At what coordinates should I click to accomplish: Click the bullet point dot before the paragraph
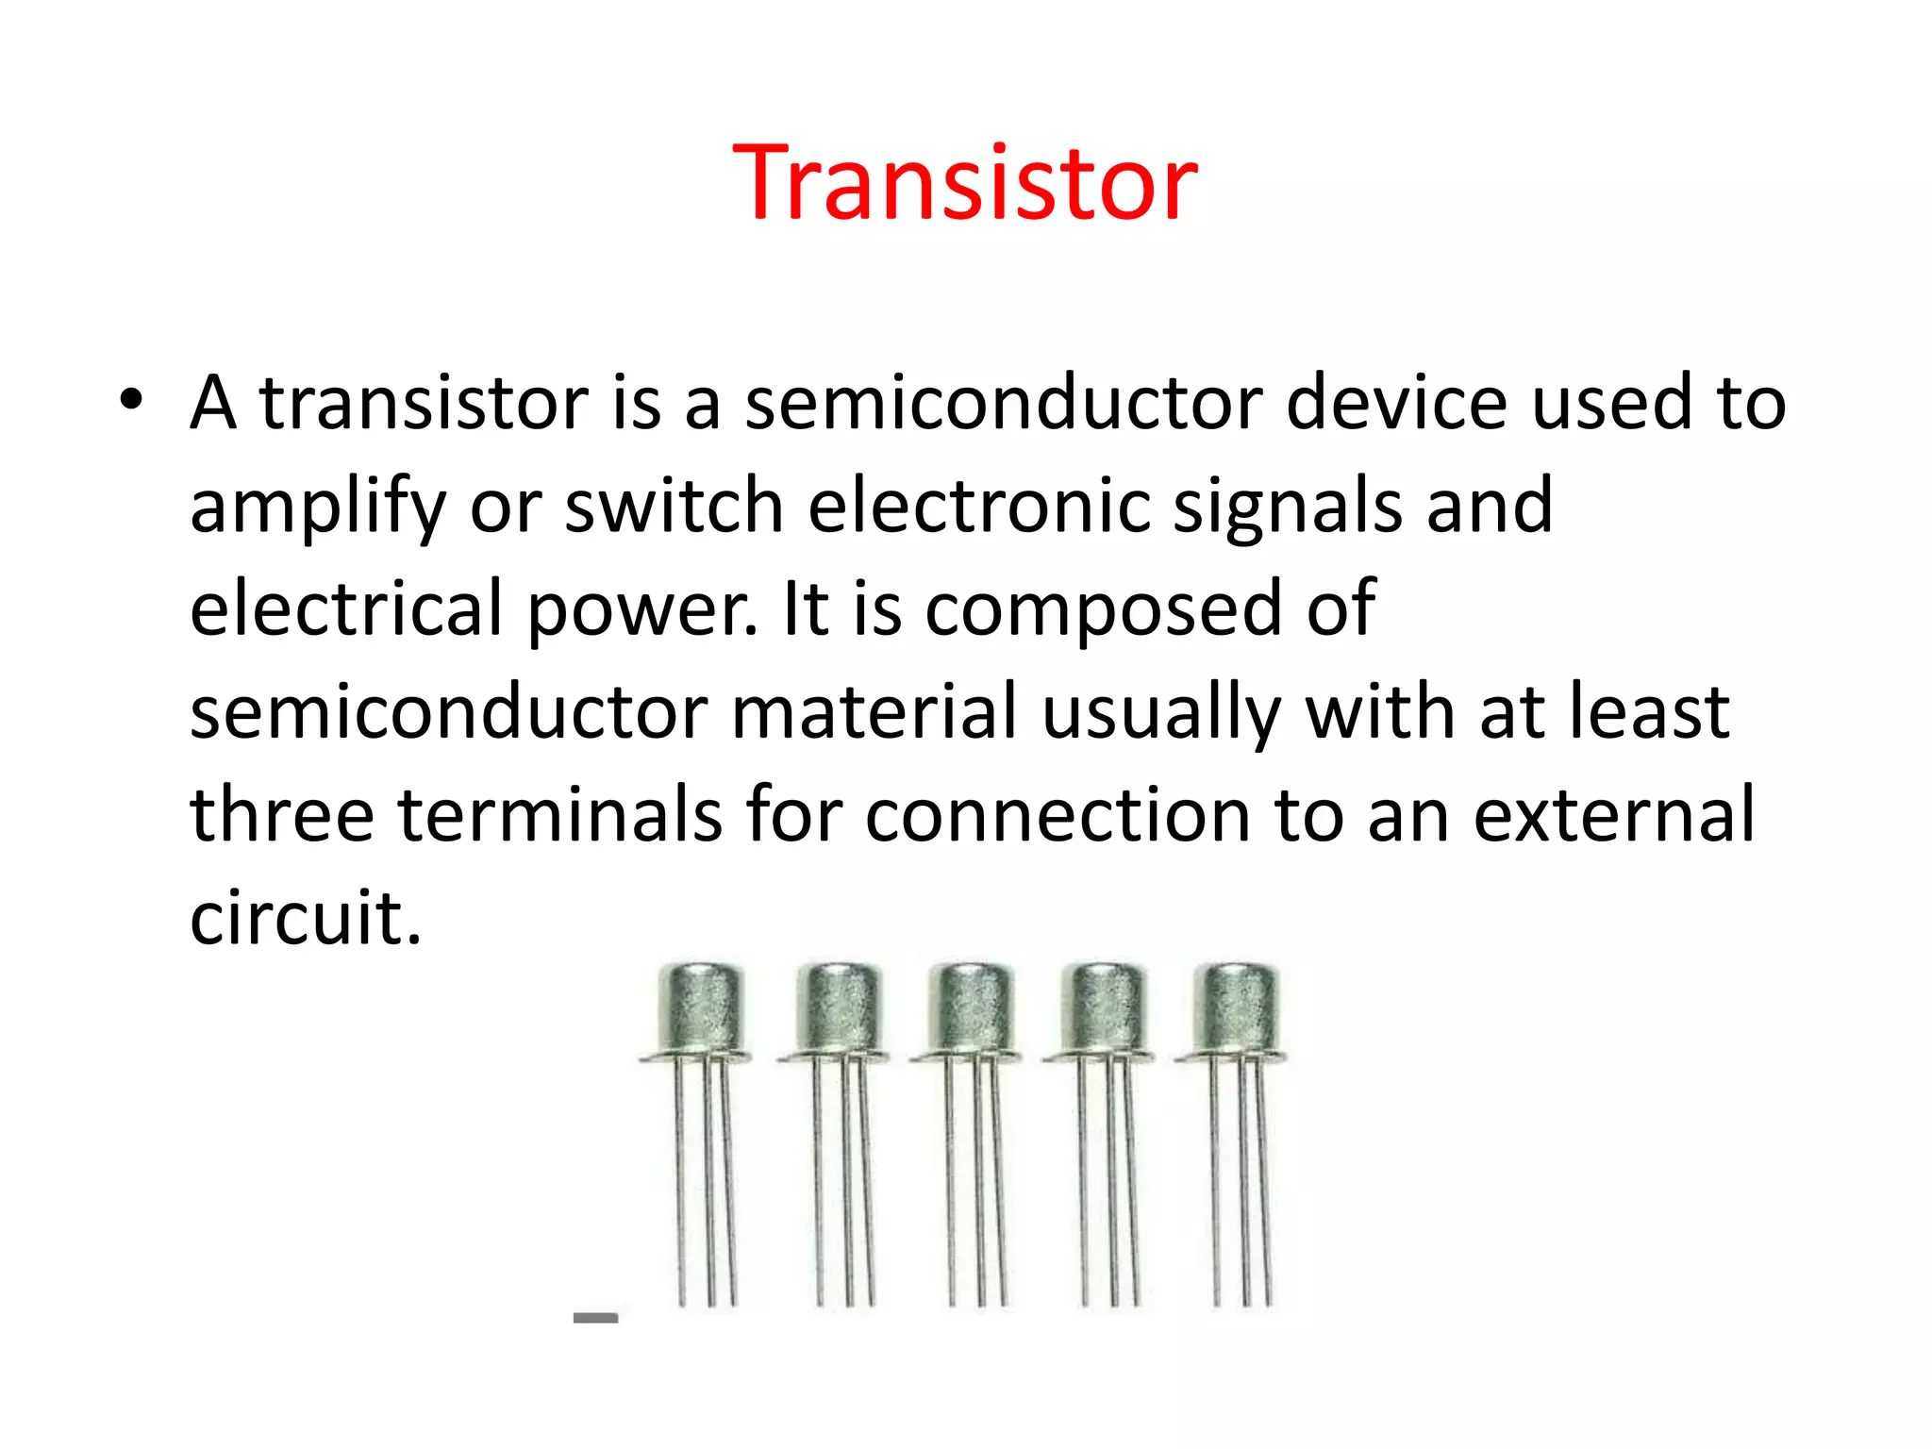(x=131, y=400)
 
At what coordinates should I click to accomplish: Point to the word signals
(x=1287, y=507)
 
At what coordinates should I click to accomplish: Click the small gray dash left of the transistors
(x=595, y=1318)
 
